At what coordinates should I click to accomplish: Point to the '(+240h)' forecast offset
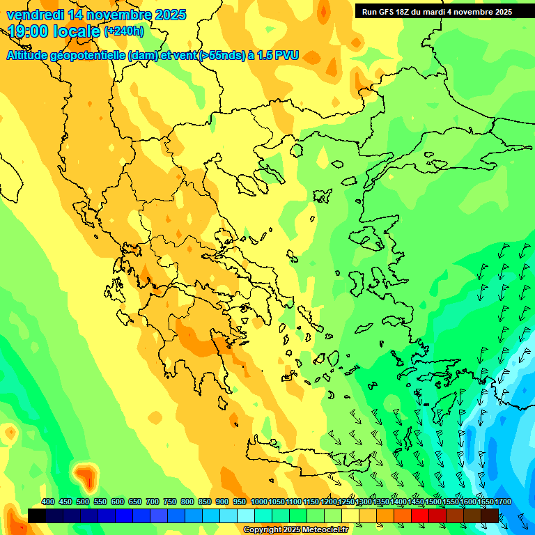point(124,31)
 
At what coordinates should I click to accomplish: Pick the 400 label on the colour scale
point(48,502)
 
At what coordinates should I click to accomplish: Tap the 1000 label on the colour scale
point(258,502)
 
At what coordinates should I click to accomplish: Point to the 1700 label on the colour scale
point(485,502)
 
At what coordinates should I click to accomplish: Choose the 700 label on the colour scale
point(153,502)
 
